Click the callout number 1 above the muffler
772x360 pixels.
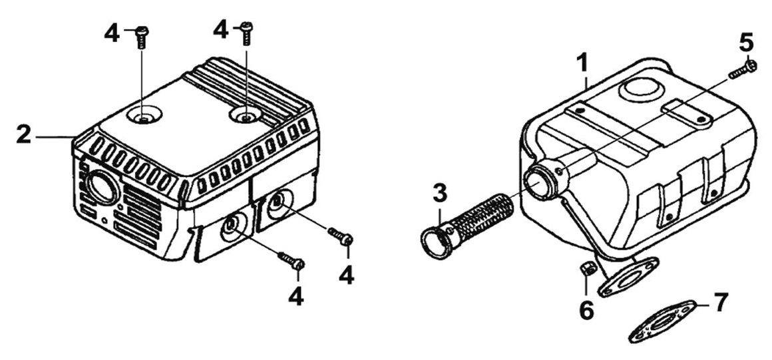[582, 64]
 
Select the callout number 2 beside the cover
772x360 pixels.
[24, 135]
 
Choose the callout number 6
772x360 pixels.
[586, 309]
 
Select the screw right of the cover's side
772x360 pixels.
[341, 236]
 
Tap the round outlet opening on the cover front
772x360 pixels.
[101, 189]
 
